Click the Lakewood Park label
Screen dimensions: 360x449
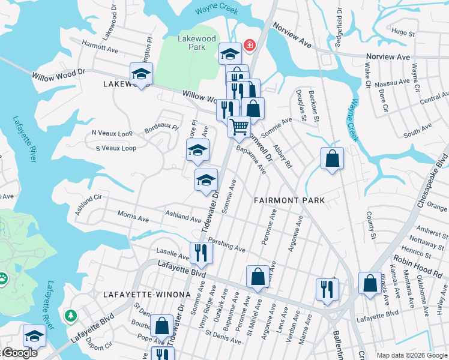pyautogui.click(x=196, y=42)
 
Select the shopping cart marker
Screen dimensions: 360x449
pyautogui.click(x=240, y=127)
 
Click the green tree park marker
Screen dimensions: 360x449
pyautogui.click(x=71, y=315)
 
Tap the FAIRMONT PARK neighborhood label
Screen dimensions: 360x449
pyautogui.click(x=289, y=200)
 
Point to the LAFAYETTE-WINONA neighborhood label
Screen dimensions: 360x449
pyautogui.click(x=146, y=295)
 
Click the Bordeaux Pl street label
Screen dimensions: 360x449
pyautogui.click(x=161, y=127)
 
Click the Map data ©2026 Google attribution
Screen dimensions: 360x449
pyautogui.click(x=412, y=355)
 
